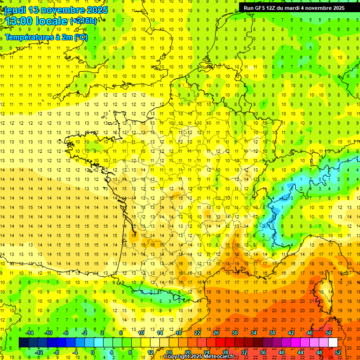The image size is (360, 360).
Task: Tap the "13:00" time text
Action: point(17,21)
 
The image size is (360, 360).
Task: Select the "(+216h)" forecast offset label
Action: point(83,21)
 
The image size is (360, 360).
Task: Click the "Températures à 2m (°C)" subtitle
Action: point(46,37)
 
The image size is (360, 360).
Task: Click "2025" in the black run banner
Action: point(337,8)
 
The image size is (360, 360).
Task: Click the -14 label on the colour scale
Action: point(29,333)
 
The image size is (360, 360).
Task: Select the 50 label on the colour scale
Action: point(329,333)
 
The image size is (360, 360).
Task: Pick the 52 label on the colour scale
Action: point(338,352)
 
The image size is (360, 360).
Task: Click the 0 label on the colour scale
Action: point(93,352)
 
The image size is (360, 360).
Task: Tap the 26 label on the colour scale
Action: point(216,333)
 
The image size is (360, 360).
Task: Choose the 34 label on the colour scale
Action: point(254,333)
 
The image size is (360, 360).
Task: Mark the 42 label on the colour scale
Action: point(291,333)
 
